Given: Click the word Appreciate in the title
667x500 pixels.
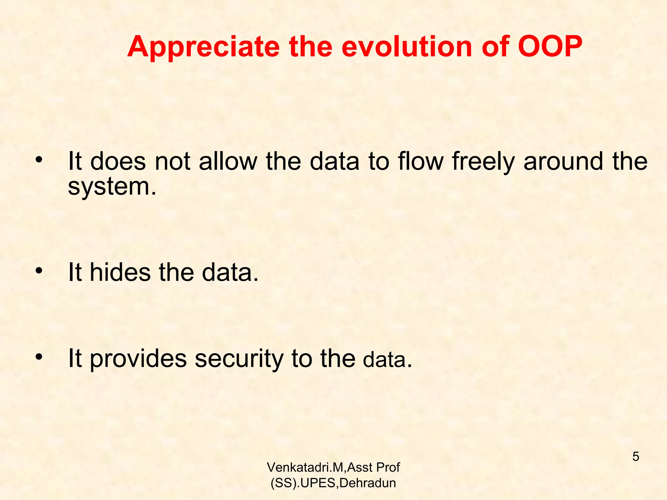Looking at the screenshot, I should pyautogui.click(x=204, y=47).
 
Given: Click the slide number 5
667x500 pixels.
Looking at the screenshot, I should pyautogui.click(x=635, y=457).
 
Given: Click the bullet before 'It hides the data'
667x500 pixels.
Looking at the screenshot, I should pyautogui.click(x=39, y=271).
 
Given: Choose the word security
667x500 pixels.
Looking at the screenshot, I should pyautogui.click(x=239, y=359).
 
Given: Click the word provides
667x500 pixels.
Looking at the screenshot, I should pyautogui.click(x=138, y=359).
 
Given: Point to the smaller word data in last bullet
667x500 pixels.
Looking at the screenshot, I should pyautogui.click(x=384, y=360).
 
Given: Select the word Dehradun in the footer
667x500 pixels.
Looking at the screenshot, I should pyautogui.click(x=367, y=483).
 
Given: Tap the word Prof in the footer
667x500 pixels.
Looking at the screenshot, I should pyautogui.click(x=388, y=467).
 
